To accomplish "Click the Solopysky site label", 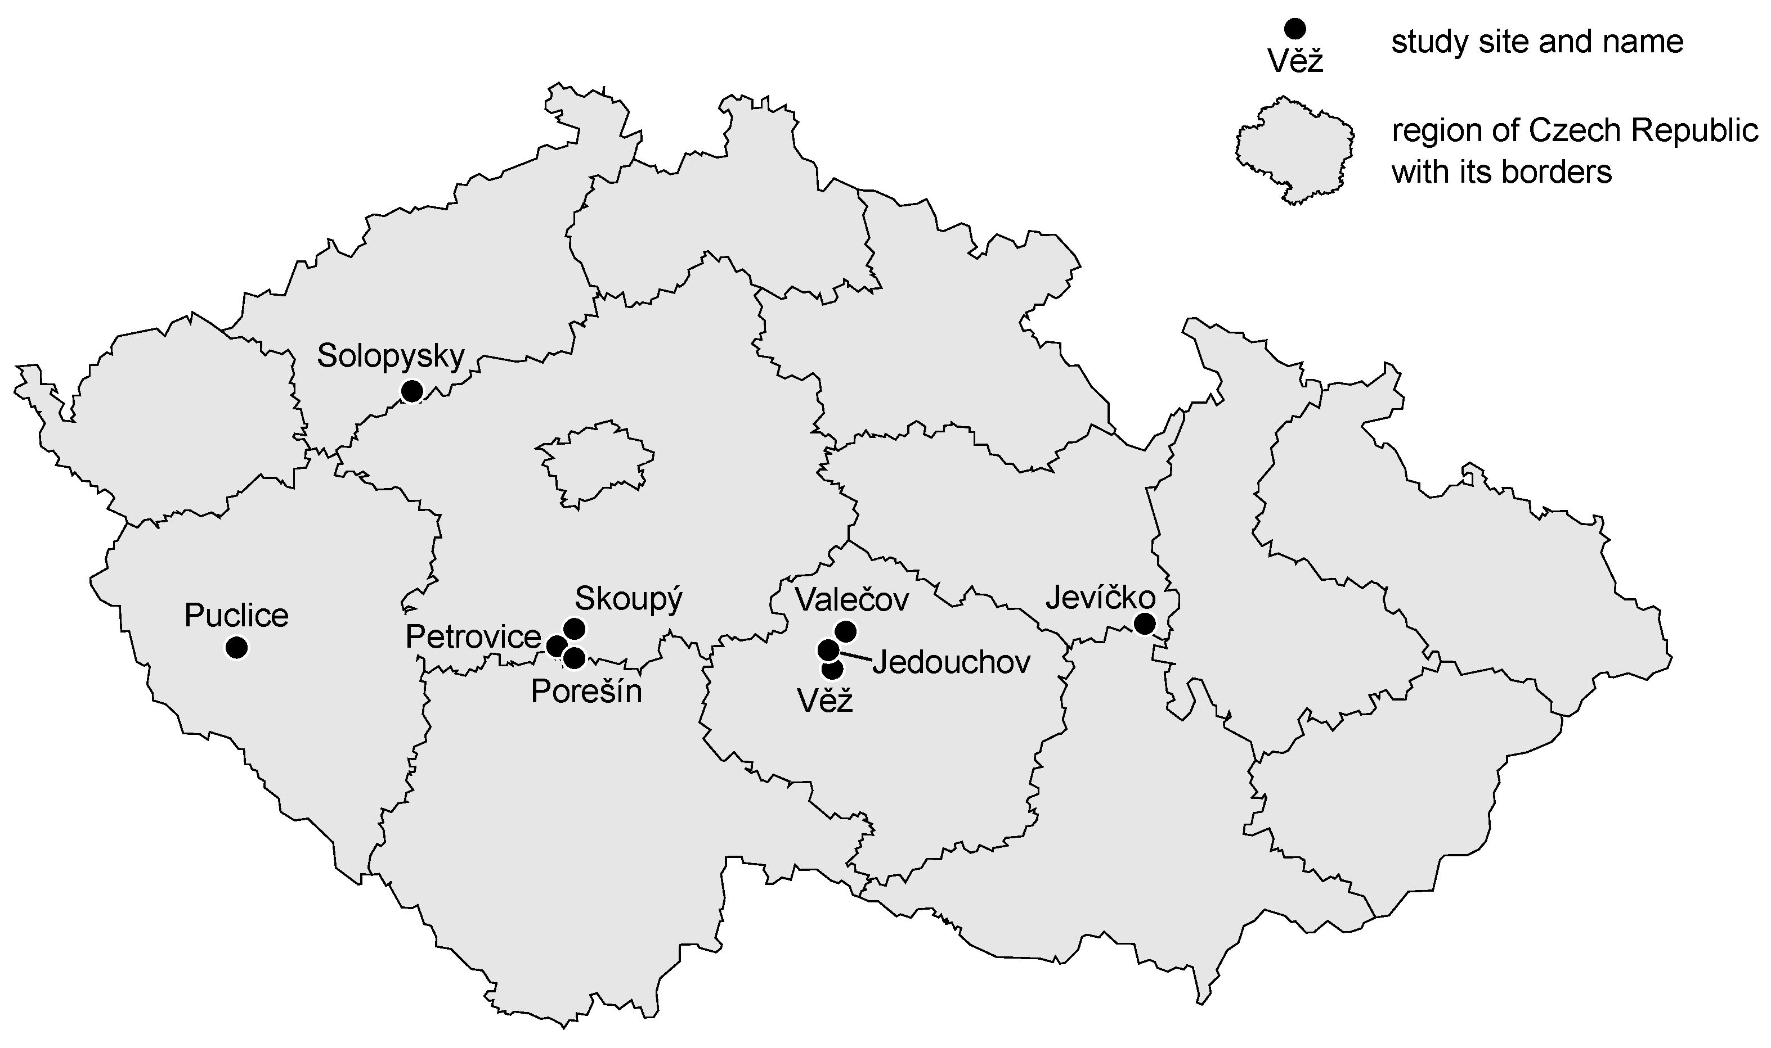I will [390, 356].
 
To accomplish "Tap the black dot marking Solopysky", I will [411, 391].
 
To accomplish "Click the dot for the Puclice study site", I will [237, 647].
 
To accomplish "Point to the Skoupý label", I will [628, 599].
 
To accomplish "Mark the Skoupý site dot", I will [574, 628].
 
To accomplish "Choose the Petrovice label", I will [473, 638].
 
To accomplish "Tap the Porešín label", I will [586, 692].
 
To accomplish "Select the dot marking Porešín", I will [575, 658].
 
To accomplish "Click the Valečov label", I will [851, 600].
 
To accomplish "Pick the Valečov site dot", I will [845, 631].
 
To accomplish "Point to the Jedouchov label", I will [951, 663].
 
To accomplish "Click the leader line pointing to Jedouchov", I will [855, 657].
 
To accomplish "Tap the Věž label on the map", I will [826, 701].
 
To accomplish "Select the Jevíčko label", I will [1100, 598].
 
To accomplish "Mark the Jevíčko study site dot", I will [1144, 624].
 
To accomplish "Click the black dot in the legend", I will [1295, 29].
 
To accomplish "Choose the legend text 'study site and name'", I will [1537, 42].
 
